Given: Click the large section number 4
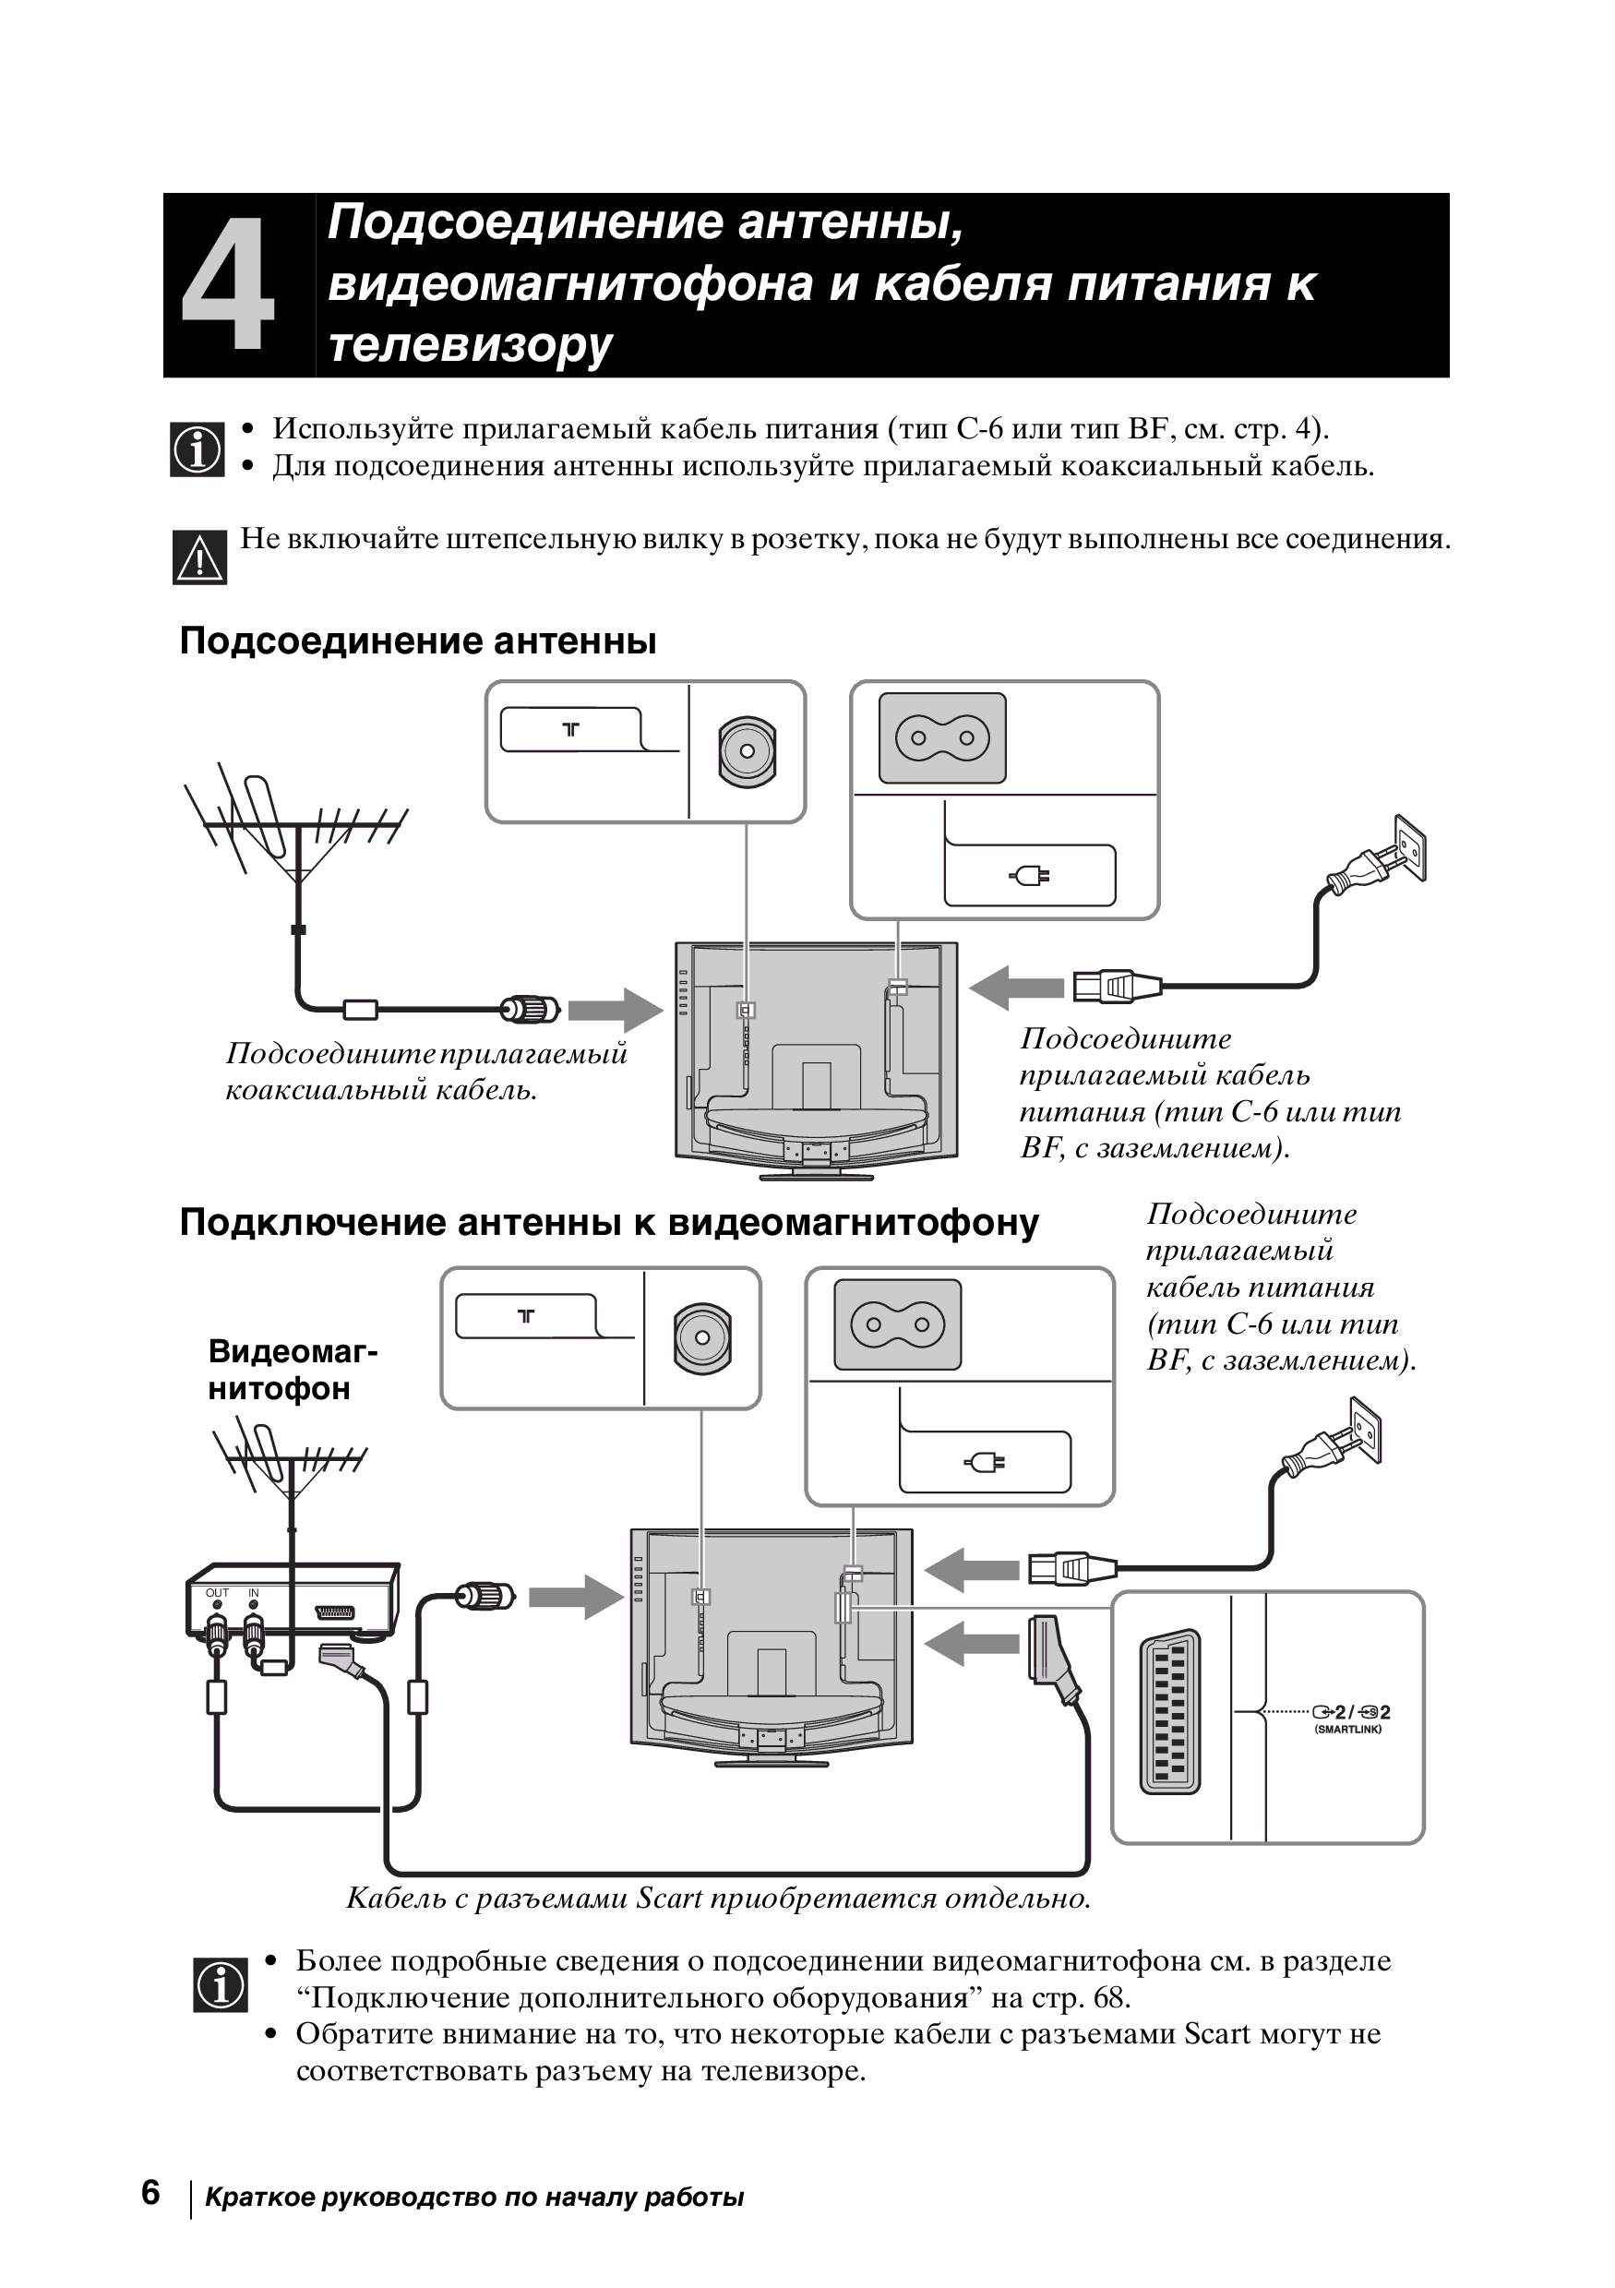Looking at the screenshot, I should [x=228, y=286].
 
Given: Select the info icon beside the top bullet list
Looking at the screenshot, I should [x=197, y=450].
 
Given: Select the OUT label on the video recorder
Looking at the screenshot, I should [x=217, y=1593].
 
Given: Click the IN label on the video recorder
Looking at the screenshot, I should [x=253, y=1593].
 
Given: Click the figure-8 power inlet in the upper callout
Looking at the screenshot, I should [x=941, y=738].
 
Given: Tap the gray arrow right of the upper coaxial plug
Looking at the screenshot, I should [x=615, y=1011].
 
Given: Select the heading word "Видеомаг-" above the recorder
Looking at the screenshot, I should [x=293, y=1351].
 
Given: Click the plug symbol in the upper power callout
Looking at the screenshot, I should [x=1030, y=876].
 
